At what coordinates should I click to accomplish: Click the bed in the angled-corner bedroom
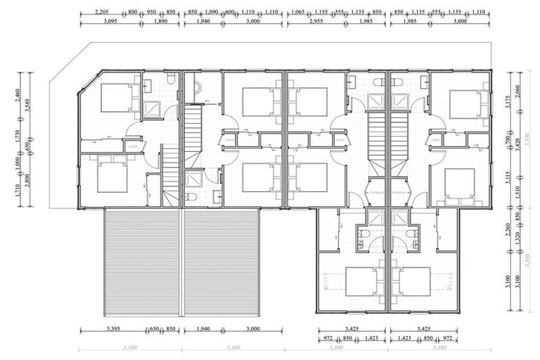(x=117, y=98)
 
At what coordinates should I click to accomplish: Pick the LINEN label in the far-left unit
(x=132, y=146)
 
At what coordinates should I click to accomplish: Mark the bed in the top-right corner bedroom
(x=464, y=104)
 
